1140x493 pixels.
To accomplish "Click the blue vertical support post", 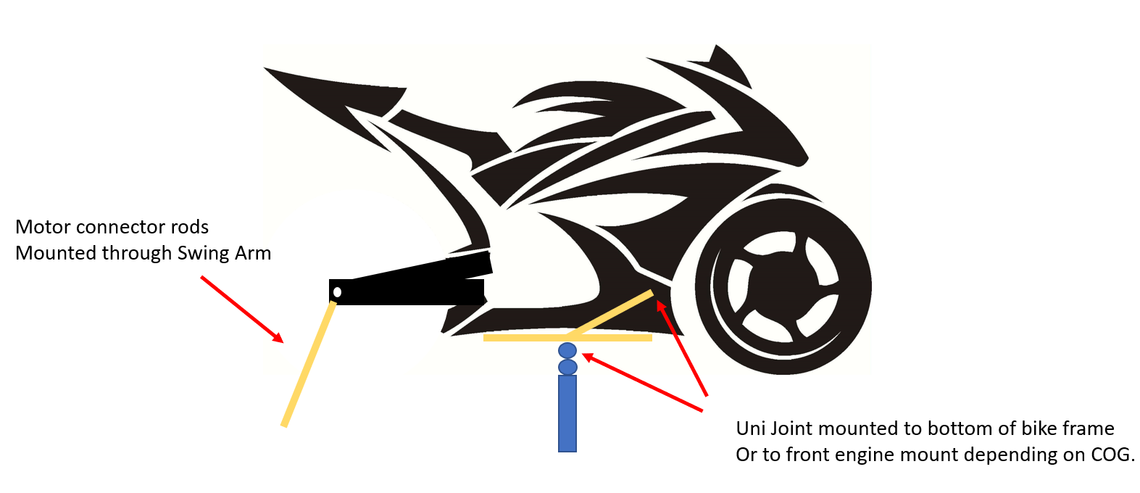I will (x=567, y=413).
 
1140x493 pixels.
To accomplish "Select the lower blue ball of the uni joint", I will (x=567, y=367).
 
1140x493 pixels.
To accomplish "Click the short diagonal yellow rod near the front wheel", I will (x=612, y=314).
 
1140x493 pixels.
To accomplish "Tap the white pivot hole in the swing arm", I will (x=337, y=292).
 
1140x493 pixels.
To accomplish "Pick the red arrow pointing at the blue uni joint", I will (x=642, y=383).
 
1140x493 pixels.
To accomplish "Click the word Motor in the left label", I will (x=43, y=227).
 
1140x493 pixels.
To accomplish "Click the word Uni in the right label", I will (x=750, y=428).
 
